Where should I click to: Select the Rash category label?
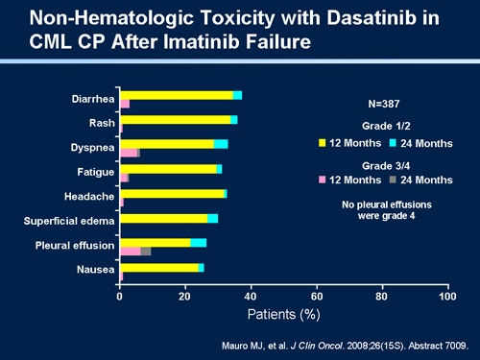click(100, 123)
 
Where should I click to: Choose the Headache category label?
click(89, 196)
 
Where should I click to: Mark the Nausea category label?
click(94, 270)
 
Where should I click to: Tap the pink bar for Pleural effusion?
click(130, 251)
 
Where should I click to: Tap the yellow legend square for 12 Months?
click(324, 143)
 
